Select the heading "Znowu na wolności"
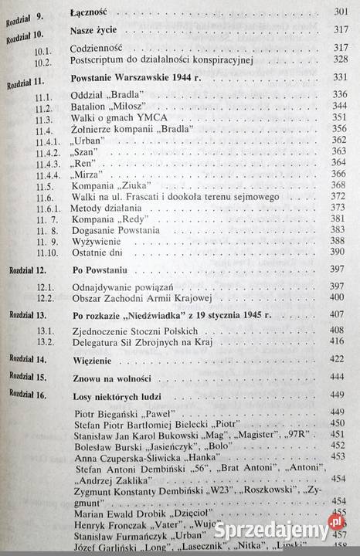click(110, 378)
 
